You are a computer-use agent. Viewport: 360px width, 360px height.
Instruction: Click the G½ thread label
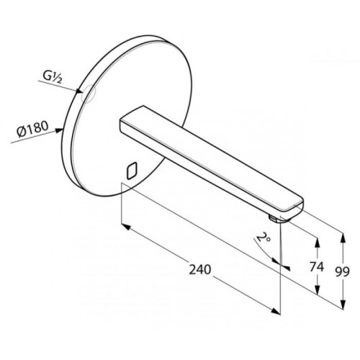pos(53,77)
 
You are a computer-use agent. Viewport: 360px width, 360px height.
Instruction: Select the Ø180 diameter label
pos(33,129)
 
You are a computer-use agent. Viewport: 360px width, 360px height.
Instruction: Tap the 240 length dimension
pos(200,269)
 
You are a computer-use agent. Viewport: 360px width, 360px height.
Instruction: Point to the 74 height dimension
pos(317,266)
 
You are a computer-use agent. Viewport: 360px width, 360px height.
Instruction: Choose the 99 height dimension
pos(342,271)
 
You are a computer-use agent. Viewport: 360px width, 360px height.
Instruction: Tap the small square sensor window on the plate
pos(132,171)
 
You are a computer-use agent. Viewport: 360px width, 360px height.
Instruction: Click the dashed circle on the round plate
pos(89,94)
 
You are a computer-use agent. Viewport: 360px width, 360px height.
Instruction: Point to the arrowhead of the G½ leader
pos(80,91)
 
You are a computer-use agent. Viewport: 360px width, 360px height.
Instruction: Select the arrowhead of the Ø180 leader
pos(59,130)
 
